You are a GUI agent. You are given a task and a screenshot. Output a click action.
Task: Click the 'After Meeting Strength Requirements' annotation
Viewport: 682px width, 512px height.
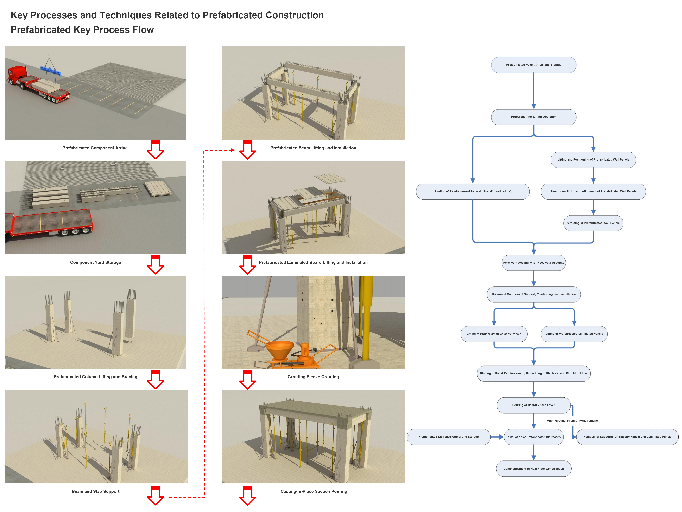pos(573,421)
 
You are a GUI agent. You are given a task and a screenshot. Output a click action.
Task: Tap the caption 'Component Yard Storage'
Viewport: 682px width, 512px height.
pos(96,262)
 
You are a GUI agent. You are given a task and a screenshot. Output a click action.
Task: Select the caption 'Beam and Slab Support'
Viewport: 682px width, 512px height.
pos(96,491)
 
